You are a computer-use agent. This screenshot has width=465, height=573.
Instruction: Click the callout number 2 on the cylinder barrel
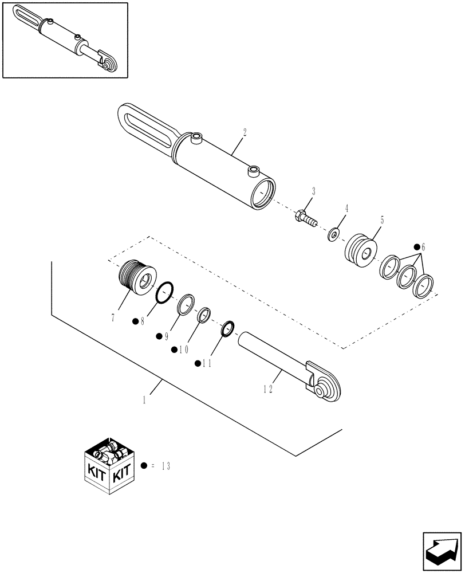(245, 132)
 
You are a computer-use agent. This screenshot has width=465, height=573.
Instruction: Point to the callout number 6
(423, 246)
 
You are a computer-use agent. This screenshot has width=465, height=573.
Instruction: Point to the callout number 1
(145, 399)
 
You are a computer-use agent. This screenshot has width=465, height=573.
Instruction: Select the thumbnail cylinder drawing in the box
(65, 40)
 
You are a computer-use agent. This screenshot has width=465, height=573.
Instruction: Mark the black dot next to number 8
(136, 321)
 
